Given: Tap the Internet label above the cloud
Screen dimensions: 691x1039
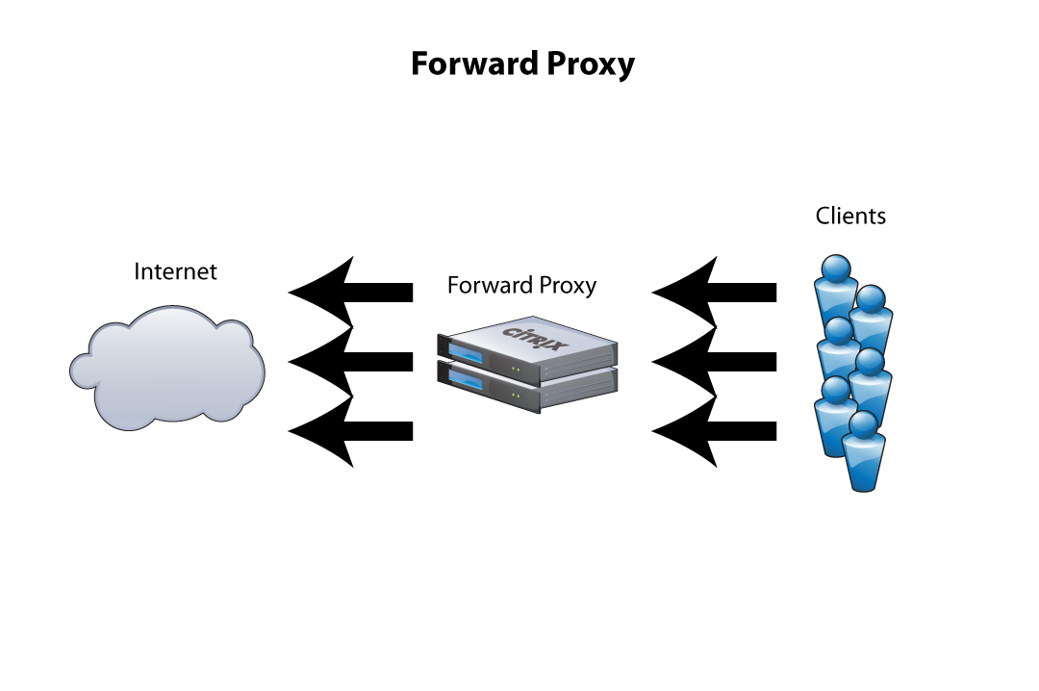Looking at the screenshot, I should coord(175,271).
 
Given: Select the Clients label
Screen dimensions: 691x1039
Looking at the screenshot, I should coord(850,216).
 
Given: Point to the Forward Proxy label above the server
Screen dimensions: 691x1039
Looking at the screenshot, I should coord(521,286).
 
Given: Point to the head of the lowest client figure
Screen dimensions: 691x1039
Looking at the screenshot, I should coord(863,424).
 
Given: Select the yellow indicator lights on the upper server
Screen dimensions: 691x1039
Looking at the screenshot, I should coord(518,368).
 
